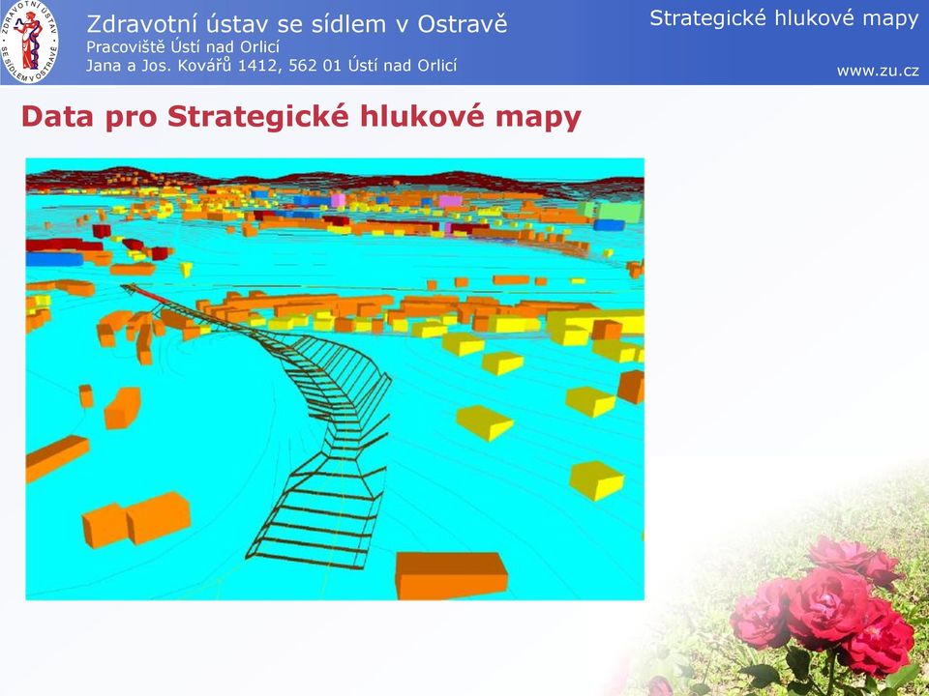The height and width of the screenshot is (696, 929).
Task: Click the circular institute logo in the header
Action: tap(30, 42)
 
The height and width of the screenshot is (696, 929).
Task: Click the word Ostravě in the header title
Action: tap(463, 23)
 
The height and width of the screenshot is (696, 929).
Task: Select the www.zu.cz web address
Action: tap(878, 71)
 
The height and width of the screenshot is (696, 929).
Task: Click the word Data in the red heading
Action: tap(57, 117)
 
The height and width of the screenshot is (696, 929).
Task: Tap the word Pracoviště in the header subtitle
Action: tap(125, 46)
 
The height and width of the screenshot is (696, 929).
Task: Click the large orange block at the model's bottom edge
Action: tap(451, 575)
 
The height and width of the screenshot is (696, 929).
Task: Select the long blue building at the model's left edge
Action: tap(54, 259)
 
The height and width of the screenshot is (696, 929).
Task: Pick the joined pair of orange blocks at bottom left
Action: tap(136, 519)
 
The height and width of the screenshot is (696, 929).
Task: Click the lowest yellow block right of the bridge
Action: tap(596, 480)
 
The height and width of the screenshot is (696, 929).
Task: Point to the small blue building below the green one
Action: tap(609, 225)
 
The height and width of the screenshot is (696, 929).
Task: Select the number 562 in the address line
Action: tap(303, 65)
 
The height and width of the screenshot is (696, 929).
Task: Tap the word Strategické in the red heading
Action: tap(257, 118)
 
